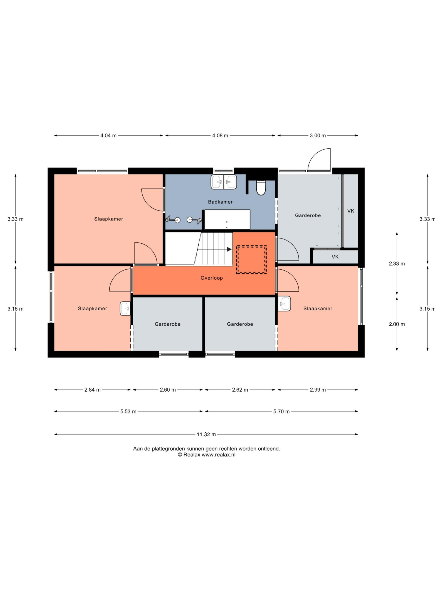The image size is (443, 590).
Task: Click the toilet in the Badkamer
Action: pos(261,188)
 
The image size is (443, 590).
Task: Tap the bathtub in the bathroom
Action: pos(227,219)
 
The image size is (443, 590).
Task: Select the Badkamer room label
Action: pos(220,202)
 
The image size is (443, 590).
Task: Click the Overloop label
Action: pos(212,278)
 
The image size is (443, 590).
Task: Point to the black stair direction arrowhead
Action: pos(229,249)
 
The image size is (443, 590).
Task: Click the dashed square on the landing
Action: pos(251,260)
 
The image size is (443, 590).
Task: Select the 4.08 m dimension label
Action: pos(220,136)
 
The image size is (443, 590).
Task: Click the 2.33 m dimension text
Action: pos(397,263)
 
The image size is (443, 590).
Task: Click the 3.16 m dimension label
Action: pos(15,309)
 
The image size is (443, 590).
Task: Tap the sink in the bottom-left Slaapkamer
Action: pos(125,309)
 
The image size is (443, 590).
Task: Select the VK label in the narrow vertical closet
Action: pos(351,211)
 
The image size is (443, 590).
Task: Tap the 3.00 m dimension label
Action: pos(318,136)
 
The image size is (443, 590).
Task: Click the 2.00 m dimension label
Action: pos(397,324)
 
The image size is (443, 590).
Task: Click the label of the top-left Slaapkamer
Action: pos(108,219)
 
